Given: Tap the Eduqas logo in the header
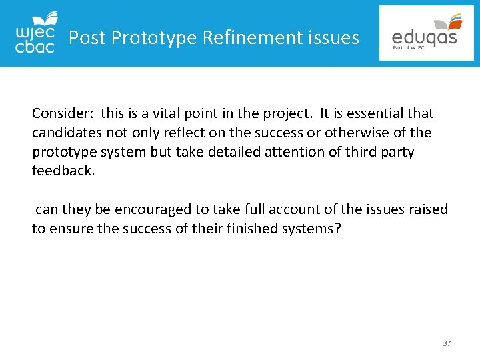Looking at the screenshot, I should click(x=427, y=33).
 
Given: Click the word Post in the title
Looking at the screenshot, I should click(x=87, y=38).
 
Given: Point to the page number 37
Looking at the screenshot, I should click(x=447, y=343).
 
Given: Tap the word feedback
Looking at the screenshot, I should click(x=63, y=171).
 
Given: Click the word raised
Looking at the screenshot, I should click(x=427, y=209).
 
